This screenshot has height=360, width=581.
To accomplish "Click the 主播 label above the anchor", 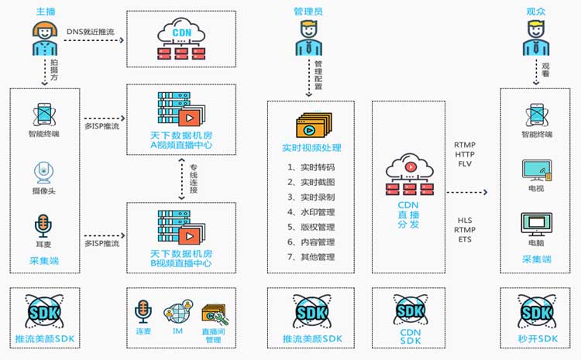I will [45, 12].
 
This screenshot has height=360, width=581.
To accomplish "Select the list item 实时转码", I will [311, 166].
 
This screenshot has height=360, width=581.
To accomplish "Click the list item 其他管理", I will [311, 257].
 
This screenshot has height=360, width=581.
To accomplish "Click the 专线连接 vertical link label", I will [193, 180].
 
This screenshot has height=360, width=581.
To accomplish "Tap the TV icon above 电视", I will [537, 170].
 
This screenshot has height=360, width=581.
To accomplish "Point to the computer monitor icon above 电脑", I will [537, 223].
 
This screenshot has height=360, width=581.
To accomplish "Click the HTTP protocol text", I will [465, 153].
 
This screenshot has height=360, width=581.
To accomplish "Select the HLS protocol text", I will [464, 220].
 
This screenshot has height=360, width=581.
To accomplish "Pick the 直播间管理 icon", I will [214, 314].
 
